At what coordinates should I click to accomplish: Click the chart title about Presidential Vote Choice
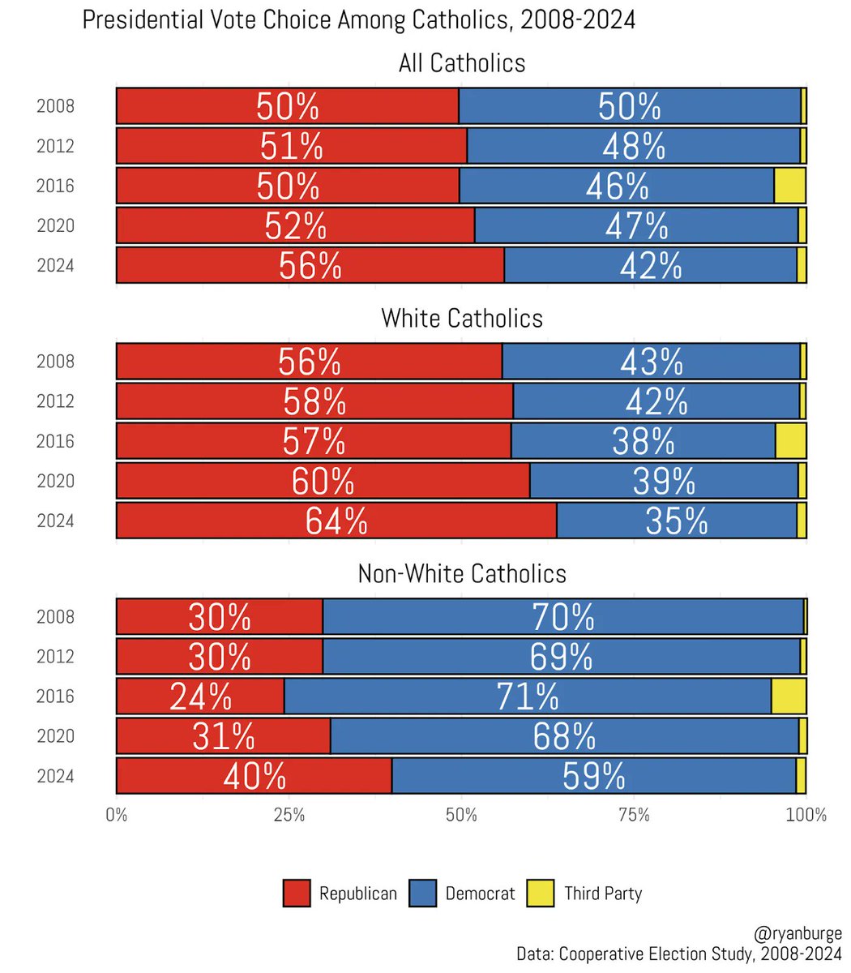[x=358, y=20]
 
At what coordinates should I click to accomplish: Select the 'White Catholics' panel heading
[x=461, y=318]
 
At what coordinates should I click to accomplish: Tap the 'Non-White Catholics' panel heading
[x=461, y=573]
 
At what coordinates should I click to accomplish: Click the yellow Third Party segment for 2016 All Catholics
[x=789, y=186]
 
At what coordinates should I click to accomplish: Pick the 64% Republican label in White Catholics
[x=336, y=521]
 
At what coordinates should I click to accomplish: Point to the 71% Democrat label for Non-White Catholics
[x=528, y=697]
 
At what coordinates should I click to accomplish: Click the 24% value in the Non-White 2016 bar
[x=200, y=697]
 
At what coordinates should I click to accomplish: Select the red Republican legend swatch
[x=297, y=894]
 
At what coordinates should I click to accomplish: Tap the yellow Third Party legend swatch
[x=541, y=894]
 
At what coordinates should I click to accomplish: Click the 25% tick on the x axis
[x=289, y=814]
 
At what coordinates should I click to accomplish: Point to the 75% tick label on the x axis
[x=634, y=814]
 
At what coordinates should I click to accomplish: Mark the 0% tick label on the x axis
[x=117, y=814]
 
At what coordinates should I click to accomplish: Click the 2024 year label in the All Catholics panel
[x=55, y=265]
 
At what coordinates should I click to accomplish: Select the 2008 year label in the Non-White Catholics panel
[x=55, y=617]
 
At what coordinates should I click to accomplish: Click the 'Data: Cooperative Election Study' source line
[x=679, y=954]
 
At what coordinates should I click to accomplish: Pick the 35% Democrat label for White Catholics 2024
[x=676, y=521]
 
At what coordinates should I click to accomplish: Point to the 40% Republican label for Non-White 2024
[x=254, y=776]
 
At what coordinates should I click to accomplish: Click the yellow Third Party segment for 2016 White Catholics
[x=790, y=441]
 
